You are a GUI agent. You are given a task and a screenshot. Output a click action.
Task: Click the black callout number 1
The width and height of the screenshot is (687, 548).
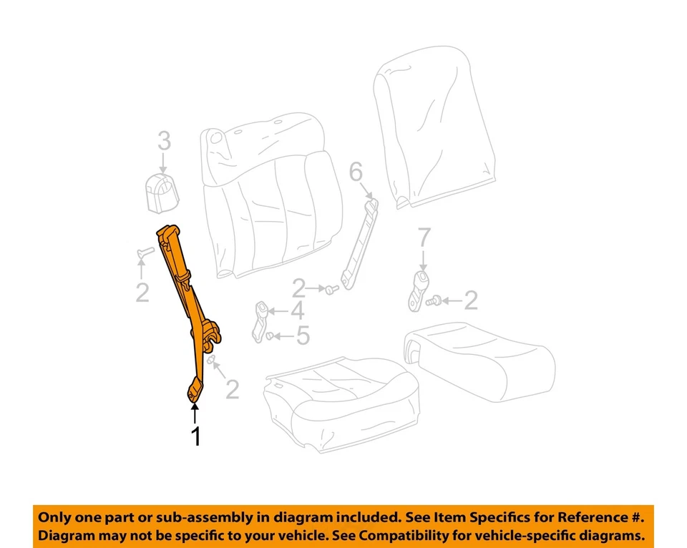coord(195,436)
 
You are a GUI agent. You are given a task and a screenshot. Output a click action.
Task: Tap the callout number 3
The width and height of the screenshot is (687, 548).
coord(164,141)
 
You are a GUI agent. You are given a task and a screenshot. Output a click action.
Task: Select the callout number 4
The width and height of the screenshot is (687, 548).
coord(297,311)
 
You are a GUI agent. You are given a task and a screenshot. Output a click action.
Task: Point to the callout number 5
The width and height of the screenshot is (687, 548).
coord(303,336)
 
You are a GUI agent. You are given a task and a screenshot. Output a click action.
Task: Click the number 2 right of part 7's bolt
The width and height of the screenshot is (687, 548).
coord(470,300)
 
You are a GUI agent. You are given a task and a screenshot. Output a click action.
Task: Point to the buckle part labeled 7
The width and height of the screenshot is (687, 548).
coord(419,290)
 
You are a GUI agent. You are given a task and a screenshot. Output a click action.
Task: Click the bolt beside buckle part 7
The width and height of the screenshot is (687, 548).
coord(432,303)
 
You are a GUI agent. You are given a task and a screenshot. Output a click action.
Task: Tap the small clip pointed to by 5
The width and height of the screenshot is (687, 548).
coord(270,336)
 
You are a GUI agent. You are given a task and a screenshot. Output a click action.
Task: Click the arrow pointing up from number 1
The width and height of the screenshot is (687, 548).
coord(194,413)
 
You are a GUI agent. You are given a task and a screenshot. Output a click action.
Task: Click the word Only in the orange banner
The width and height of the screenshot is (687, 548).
coord(55,517)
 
